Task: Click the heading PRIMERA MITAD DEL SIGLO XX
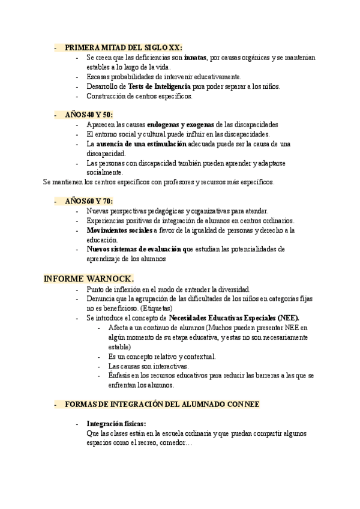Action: click(x=123, y=47)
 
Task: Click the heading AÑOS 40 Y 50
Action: click(x=89, y=115)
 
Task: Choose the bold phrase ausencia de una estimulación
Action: click(x=152, y=144)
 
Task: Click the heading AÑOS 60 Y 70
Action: click(x=89, y=201)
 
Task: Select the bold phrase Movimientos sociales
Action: click(x=119, y=230)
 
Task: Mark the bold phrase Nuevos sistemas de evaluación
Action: click(x=135, y=248)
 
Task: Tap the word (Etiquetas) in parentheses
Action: click(x=139, y=308)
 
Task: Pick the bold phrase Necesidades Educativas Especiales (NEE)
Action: click(x=234, y=318)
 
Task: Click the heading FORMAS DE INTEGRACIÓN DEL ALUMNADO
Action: click(x=162, y=405)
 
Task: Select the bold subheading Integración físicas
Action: click(x=116, y=423)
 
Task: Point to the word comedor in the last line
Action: click(x=176, y=442)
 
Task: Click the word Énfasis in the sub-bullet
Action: click(x=119, y=375)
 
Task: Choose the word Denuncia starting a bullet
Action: click(x=100, y=298)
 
